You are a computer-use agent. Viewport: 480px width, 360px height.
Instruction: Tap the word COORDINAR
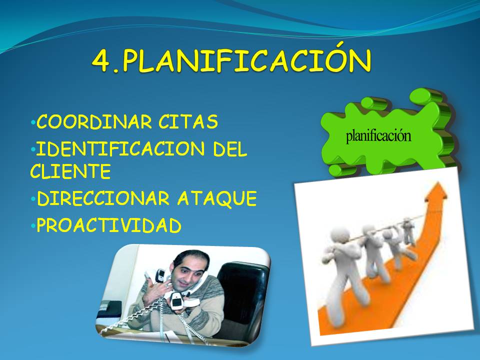[x=94, y=121]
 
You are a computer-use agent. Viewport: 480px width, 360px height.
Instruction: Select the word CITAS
[x=188, y=121]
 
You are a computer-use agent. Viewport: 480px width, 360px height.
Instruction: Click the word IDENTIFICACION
[x=120, y=148]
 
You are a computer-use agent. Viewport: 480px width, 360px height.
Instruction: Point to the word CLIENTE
[x=70, y=171]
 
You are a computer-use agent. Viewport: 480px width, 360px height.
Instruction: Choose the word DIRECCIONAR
[x=103, y=198]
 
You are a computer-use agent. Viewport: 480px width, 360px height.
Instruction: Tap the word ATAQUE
[x=217, y=198]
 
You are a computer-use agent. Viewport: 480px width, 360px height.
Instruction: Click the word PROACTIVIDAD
[x=109, y=225]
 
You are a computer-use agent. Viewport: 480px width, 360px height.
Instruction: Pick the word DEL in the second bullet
[x=229, y=148]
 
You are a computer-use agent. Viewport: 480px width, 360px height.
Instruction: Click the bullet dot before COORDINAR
[x=33, y=122]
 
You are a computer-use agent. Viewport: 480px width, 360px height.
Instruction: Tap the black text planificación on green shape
[x=378, y=136]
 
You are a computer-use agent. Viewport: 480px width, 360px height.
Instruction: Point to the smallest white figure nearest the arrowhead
[x=408, y=231]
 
